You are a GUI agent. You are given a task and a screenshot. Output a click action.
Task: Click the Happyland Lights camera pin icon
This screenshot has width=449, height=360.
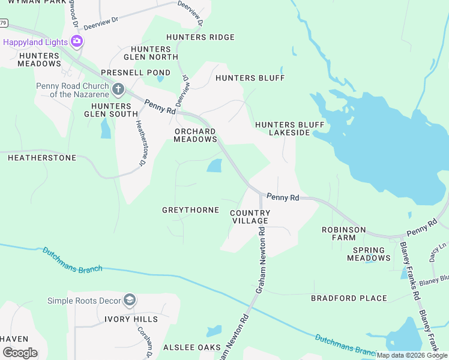[x=76, y=41]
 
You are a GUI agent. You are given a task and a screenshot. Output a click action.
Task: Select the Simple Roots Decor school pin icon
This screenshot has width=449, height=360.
[x=129, y=300]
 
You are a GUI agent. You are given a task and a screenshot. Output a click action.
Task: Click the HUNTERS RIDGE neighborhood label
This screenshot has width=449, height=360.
[x=200, y=37]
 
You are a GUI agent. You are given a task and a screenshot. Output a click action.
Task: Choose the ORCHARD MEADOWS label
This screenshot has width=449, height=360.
[x=195, y=135]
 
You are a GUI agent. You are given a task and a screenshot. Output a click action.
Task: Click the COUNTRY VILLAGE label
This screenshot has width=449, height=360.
[x=250, y=217]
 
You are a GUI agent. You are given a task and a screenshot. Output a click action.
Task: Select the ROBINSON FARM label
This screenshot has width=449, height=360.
[x=343, y=233]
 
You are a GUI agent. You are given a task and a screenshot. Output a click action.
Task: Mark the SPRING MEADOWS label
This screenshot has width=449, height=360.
[x=369, y=254]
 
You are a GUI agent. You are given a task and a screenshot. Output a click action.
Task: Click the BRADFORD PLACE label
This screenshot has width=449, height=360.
[x=349, y=298]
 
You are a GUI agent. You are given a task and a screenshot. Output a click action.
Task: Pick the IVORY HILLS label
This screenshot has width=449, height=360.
[x=131, y=319]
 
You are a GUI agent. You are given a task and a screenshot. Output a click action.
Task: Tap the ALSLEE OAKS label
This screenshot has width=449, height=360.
[x=193, y=347]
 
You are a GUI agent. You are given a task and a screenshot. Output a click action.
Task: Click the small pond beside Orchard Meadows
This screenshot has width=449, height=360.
[x=214, y=166]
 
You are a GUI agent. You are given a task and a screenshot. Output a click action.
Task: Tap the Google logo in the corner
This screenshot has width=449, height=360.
[x=20, y=352]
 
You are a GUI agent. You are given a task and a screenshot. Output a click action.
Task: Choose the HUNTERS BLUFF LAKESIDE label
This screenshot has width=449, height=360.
[x=289, y=128]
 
